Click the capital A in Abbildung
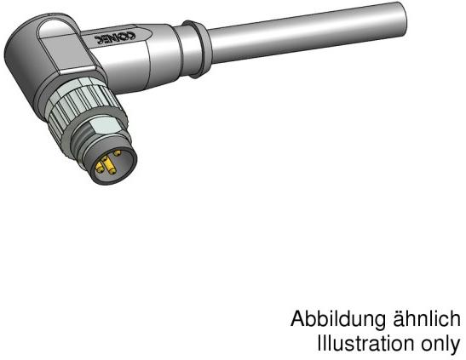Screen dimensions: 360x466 298,320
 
